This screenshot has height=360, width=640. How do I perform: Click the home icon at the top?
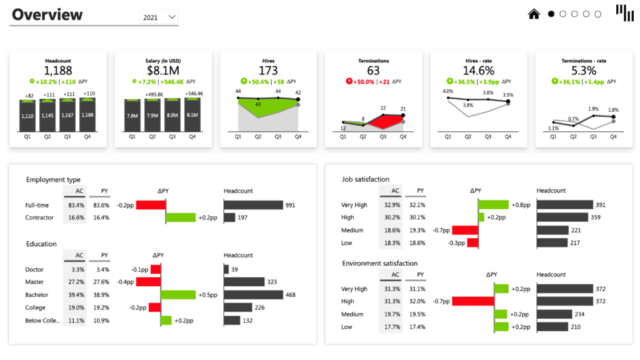coord(534,14)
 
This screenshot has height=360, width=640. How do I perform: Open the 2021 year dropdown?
coord(159,17)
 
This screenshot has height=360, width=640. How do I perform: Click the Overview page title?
coord(47,15)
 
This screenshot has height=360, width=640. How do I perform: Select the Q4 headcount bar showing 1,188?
coord(87,115)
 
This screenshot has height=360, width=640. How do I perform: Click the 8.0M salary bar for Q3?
coord(172,115)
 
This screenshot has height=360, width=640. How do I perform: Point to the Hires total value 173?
coord(268,71)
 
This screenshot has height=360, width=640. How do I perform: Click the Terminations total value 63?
coord(373,71)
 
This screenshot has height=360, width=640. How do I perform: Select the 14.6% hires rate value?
coord(479,71)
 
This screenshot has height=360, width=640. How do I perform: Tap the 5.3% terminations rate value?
coord(584,71)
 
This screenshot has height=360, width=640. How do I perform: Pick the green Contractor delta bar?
coord(181,217)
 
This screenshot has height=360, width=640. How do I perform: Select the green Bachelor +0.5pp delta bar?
coord(178,295)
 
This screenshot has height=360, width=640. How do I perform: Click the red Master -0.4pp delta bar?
coord(149,282)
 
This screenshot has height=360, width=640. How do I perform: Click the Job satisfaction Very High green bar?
coord(494,204)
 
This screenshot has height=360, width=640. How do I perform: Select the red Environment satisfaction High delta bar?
coord(472,301)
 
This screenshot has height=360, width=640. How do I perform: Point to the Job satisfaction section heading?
coord(366,179)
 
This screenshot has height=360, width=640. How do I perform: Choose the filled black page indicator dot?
coord(551,14)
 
